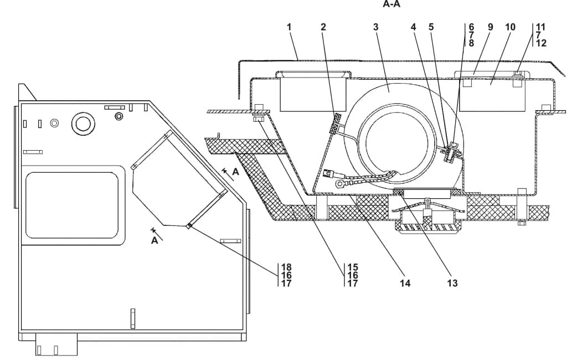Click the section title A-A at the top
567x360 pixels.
(x=391, y=4)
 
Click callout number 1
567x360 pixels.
(x=289, y=27)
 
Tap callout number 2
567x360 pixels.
(x=323, y=27)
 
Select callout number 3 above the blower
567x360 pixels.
(x=376, y=27)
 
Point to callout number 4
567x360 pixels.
(x=413, y=27)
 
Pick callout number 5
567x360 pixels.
(x=431, y=27)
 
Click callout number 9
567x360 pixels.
(x=490, y=27)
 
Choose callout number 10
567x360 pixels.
(x=510, y=27)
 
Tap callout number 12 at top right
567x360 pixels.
(x=541, y=43)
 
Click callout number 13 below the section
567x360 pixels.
(x=452, y=284)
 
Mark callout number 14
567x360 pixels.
(x=405, y=284)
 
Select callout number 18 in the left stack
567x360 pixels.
(x=286, y=268)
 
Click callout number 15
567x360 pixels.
(x=353, y=268)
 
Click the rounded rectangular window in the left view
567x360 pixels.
(x=73, y=205)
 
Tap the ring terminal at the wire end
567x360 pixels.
(x=340, y=184)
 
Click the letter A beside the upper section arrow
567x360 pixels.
(x=236, y=172)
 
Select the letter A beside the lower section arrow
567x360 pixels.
(x=154, y=240)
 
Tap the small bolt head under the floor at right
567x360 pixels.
(x=521, y=223)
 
